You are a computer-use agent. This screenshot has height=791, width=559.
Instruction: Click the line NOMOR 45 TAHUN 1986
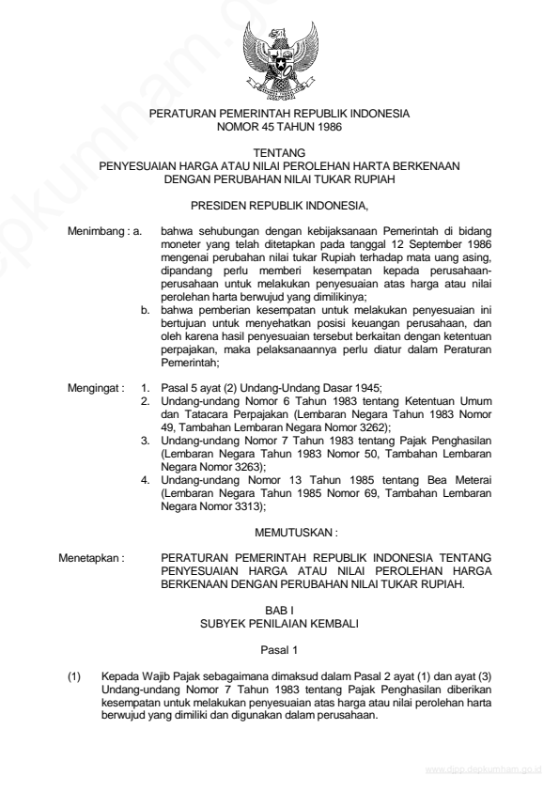point(279,125)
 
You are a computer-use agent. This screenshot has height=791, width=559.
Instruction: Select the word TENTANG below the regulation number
point(279,150)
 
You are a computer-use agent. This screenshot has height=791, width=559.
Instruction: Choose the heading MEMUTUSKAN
point(279,531)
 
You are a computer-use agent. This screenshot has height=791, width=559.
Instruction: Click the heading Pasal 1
point(279,649)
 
